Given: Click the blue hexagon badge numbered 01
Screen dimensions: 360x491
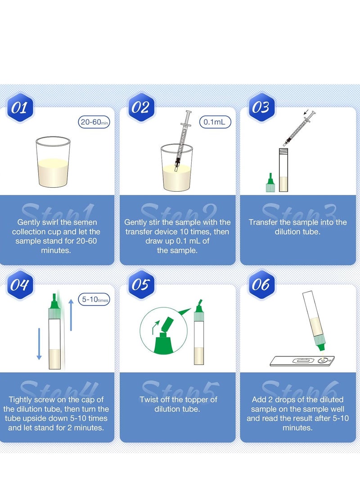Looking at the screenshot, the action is click(19, 108).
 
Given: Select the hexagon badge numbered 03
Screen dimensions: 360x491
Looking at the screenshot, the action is click(261, 108).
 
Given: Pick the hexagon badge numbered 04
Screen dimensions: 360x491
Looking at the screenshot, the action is click(19, 284).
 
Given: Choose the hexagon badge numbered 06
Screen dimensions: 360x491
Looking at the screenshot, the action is click(261, 284).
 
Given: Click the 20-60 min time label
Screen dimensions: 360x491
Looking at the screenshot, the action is click(94, 122).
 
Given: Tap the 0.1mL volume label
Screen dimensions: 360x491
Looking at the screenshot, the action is click(215, 122).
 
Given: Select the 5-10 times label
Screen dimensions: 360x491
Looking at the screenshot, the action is click(94, 299).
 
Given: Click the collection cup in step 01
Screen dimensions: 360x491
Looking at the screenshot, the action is click(53, 162).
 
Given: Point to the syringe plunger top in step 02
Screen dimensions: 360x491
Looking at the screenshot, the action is click(188, 112).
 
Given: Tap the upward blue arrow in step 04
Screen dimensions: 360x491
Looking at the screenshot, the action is click(71, 315).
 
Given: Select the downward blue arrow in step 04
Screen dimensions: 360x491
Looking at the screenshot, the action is click(39, 344).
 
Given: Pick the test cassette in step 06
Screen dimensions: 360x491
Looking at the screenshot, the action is click(302, 361).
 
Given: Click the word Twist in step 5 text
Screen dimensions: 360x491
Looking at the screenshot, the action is click(149, 400).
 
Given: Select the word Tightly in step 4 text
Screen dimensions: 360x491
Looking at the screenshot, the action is click(20, 400).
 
